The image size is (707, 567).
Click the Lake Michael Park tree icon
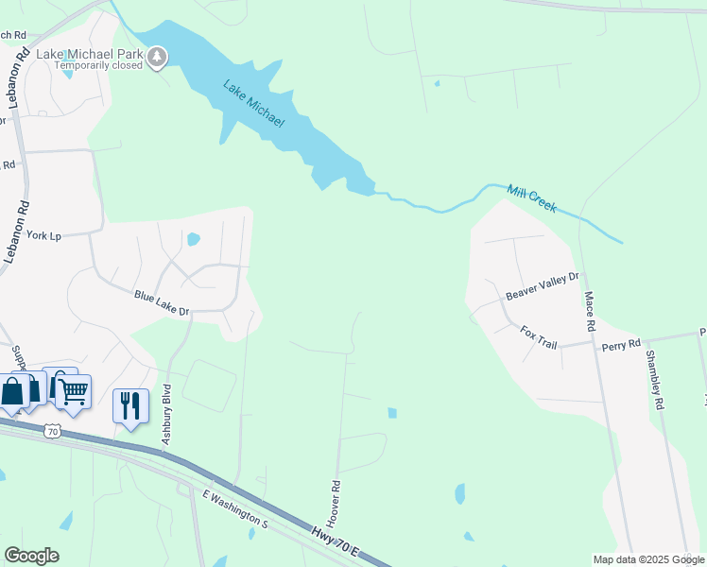[x=157, y=59]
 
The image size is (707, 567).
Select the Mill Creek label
[x=532, y=198]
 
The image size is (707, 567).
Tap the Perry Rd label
[x=621, y=345]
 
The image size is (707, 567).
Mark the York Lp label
[x=43, y=235]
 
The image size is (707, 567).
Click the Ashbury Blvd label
[x=166, y=414]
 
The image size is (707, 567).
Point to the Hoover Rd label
[x=334, y=502]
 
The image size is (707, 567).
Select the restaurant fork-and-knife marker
[x=129, y=406]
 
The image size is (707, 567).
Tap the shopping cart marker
[x=74, y=389]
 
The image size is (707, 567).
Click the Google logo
[x=31, y=556]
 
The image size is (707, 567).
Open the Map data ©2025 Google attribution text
[x=647, y=559]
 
